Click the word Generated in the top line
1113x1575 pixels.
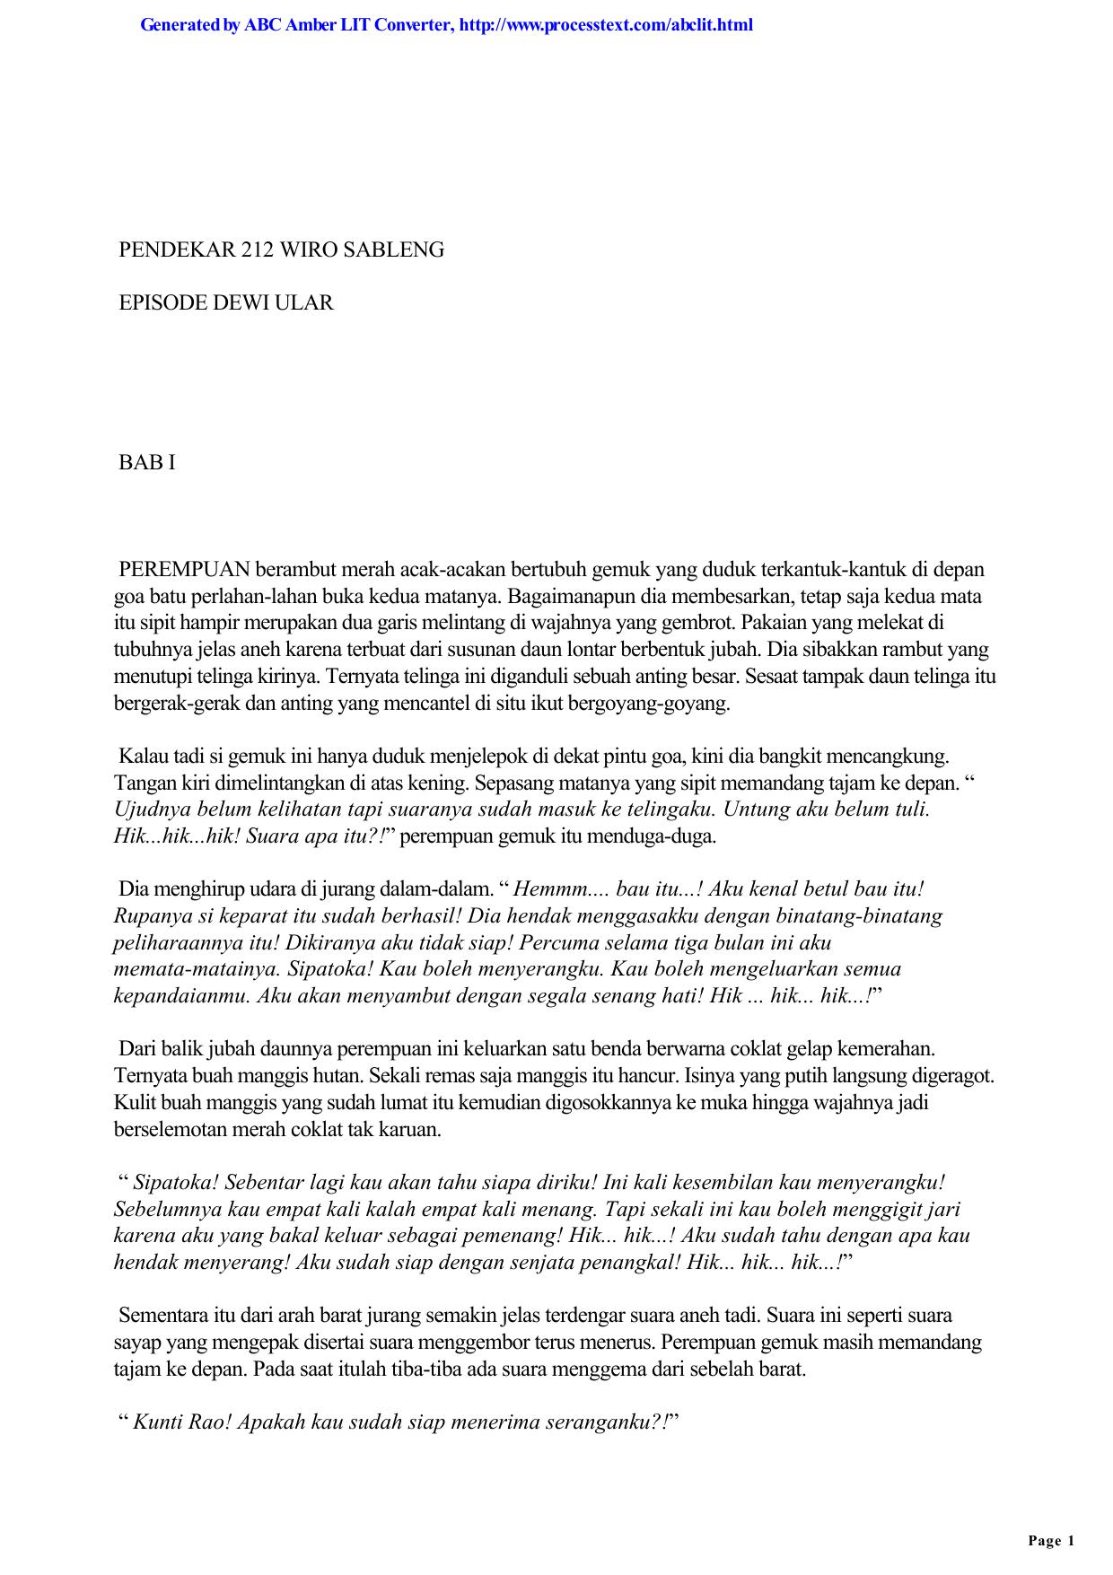pyautogui.click(x=180, y=25)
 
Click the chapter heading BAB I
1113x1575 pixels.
pyautogui.click(x=147, y=463)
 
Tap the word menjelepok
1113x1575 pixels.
pyautogui.click(x=488, y=757)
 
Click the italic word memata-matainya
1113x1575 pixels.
pyautogui.click(x=198, y=970)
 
